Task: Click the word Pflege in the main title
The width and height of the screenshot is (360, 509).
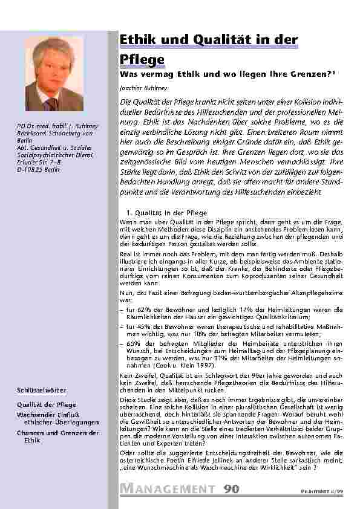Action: pos(142,59)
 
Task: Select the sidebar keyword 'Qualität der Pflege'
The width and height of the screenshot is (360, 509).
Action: pos(45,405)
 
